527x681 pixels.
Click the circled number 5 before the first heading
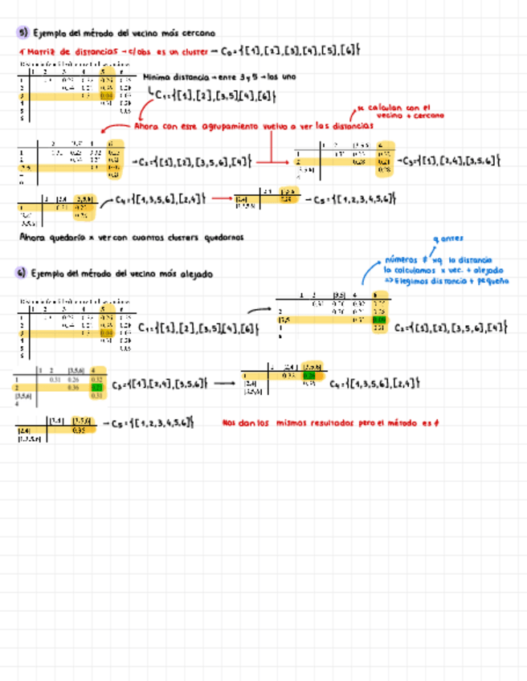click(22, 33)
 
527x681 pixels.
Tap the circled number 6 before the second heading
click(22, 274)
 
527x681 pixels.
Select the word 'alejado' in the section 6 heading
click(196, 274)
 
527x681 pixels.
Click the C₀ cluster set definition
click(294, 51)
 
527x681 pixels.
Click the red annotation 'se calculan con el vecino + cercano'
click(395, 112)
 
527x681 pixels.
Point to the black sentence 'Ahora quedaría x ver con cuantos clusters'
click(130, 237)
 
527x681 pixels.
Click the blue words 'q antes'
click(447, 239)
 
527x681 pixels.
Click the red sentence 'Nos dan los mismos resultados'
click(329, 422)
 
